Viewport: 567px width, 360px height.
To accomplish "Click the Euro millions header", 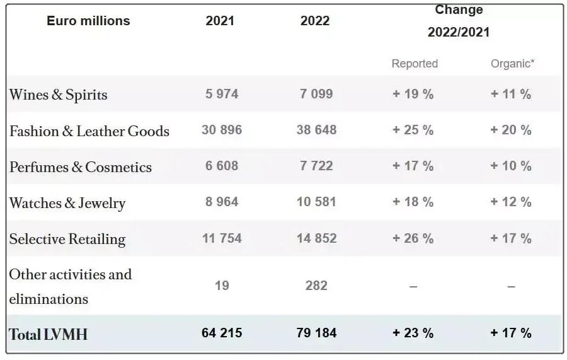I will pos(88,21).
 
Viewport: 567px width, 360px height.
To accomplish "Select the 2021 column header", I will pos(220,21).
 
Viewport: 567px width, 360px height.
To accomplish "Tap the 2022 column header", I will pos(315,21).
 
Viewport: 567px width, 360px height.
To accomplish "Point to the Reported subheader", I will pos(415,64).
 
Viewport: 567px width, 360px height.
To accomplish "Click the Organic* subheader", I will pos(512,64).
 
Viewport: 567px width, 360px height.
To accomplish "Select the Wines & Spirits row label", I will pos(58,95).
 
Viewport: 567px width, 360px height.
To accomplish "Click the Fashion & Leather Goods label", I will pos(89,131).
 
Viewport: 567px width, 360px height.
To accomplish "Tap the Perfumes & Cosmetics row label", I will pos(81,167).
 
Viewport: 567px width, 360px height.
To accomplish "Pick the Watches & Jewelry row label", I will pos(67,203).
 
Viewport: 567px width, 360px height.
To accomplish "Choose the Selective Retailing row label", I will pos(67,239).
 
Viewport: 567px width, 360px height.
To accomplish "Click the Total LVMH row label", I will pos(48,334).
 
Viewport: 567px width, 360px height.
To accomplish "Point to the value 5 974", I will pos(222,94).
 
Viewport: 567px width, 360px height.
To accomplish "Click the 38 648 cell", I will pos(316,130).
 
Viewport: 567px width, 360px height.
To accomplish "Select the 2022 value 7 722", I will pos(316,166).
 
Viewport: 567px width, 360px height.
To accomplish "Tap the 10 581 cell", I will pos(316,202).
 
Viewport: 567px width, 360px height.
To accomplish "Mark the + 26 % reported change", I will pos(413,238).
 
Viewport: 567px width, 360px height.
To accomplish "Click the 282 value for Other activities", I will pos(316,286).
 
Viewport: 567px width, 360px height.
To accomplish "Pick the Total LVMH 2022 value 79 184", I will pos(316,332).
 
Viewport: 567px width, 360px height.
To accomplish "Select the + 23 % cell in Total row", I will pos(413,333).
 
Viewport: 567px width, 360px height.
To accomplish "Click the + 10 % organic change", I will pos(511,166).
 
